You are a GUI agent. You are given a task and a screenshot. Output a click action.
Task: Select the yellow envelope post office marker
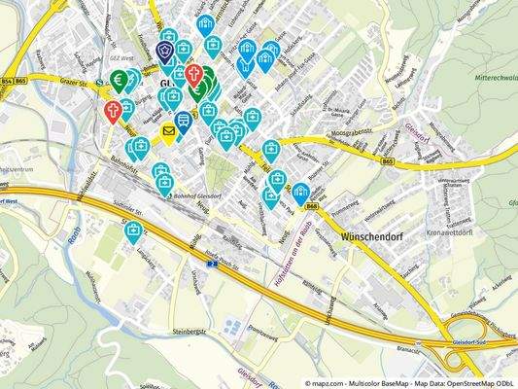pos(169,130)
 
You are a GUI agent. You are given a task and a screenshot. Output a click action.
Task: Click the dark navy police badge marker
pos(165,52)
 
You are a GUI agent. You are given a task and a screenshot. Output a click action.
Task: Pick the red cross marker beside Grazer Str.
pos(113,111)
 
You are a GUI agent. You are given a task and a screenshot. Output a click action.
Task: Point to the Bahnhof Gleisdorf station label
pos(194,194)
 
